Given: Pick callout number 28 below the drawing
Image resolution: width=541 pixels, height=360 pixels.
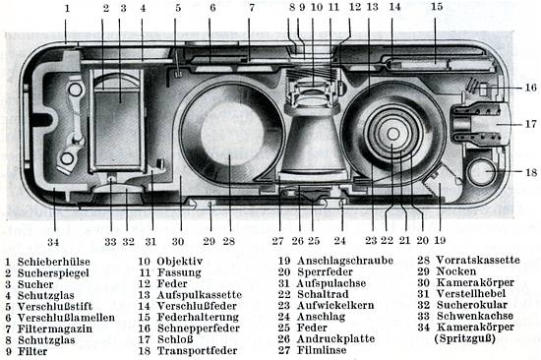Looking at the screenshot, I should [228, 240].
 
